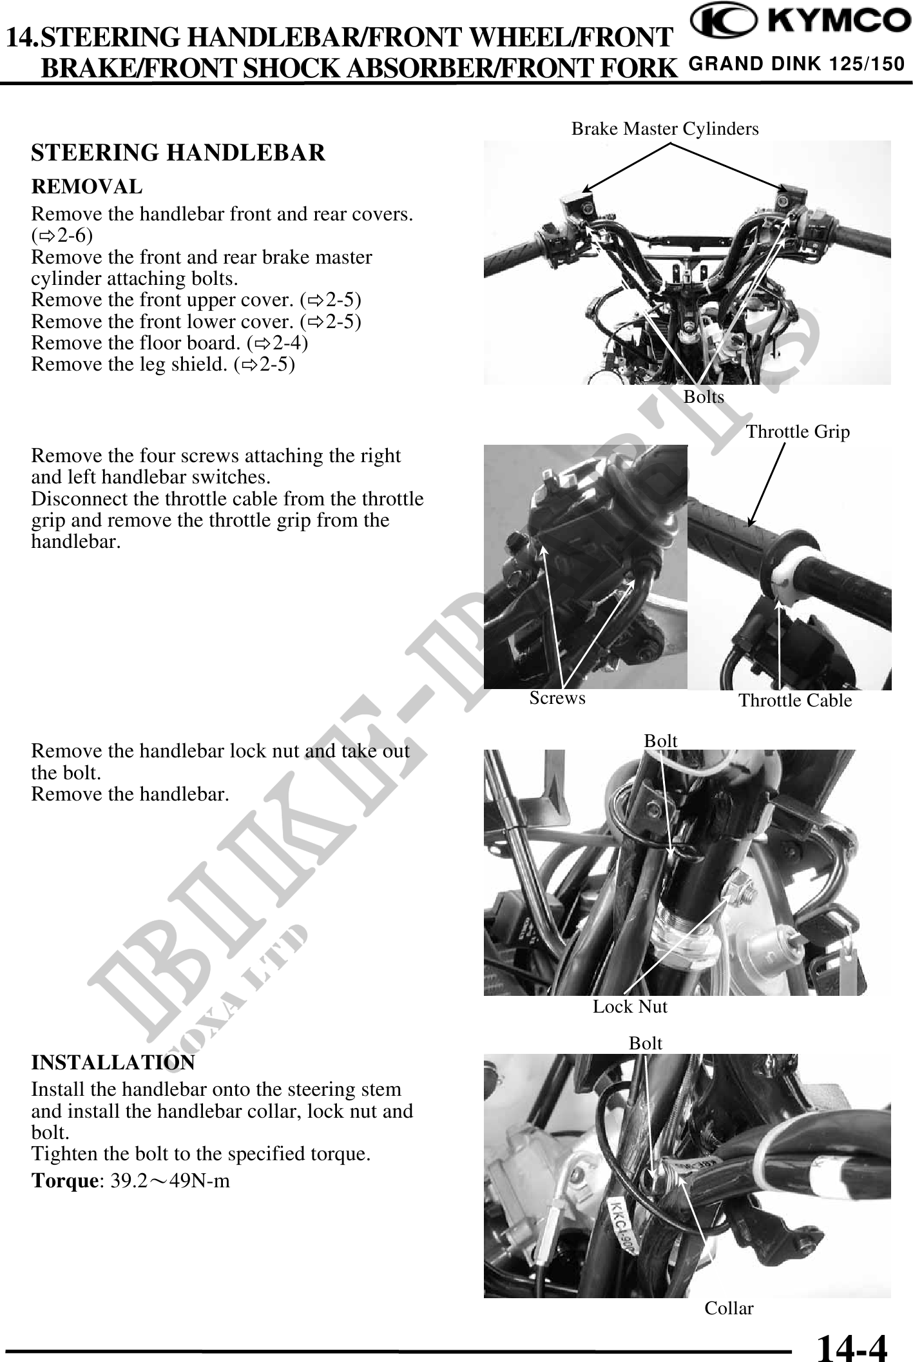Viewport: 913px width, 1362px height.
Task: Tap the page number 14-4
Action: tap(851, 1347)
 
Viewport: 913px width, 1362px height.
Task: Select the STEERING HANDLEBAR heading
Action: tap(178, 153)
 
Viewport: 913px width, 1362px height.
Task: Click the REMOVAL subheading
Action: tap(87, 187)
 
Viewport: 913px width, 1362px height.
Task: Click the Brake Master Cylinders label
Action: tap(665, 129)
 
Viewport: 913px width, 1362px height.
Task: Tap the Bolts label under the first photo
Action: tap(704, 397)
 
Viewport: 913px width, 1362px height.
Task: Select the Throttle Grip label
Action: tap(798, 432)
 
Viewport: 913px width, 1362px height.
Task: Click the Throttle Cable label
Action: tap(795, 701)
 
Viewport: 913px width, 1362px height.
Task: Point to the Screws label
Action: tap(557, 698)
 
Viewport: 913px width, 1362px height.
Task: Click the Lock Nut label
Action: tap(630, 1007)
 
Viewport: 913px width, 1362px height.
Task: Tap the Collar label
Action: tap(729, 1308)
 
